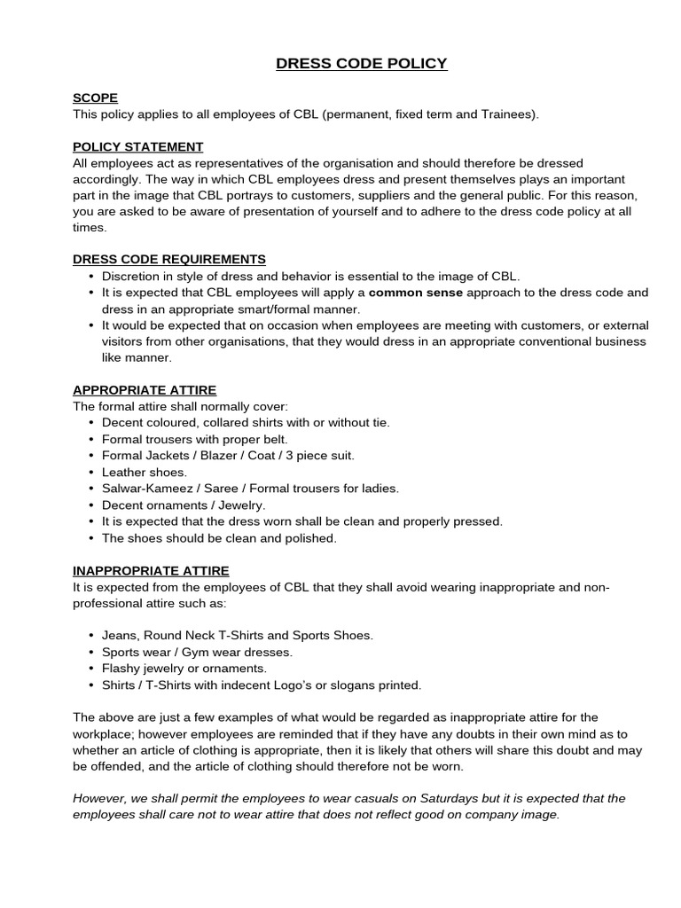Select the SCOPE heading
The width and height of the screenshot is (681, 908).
point(95,98)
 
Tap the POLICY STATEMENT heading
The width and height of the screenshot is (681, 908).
point(137,146)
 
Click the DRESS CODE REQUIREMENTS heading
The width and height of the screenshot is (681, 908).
point(168,259)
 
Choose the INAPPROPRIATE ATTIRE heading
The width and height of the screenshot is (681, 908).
point(151,570)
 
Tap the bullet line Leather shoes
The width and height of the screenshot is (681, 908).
point(145,472)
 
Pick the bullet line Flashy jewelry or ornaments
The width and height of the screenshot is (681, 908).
point(184,668)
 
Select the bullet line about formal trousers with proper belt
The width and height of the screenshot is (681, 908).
point(195,439)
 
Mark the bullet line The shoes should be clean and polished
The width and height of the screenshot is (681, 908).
point(219,537)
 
